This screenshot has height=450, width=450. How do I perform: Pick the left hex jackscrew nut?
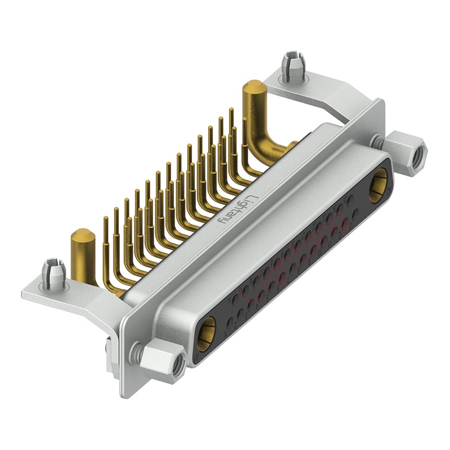(x=162, y=361)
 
